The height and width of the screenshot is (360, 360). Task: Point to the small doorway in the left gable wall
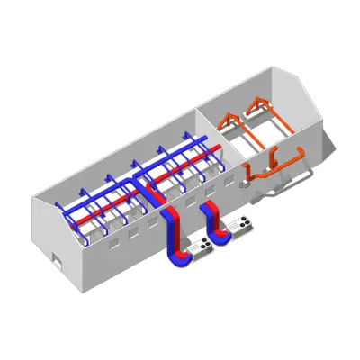click(57, 262)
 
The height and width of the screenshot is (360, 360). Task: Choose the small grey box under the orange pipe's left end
click(243, 184)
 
